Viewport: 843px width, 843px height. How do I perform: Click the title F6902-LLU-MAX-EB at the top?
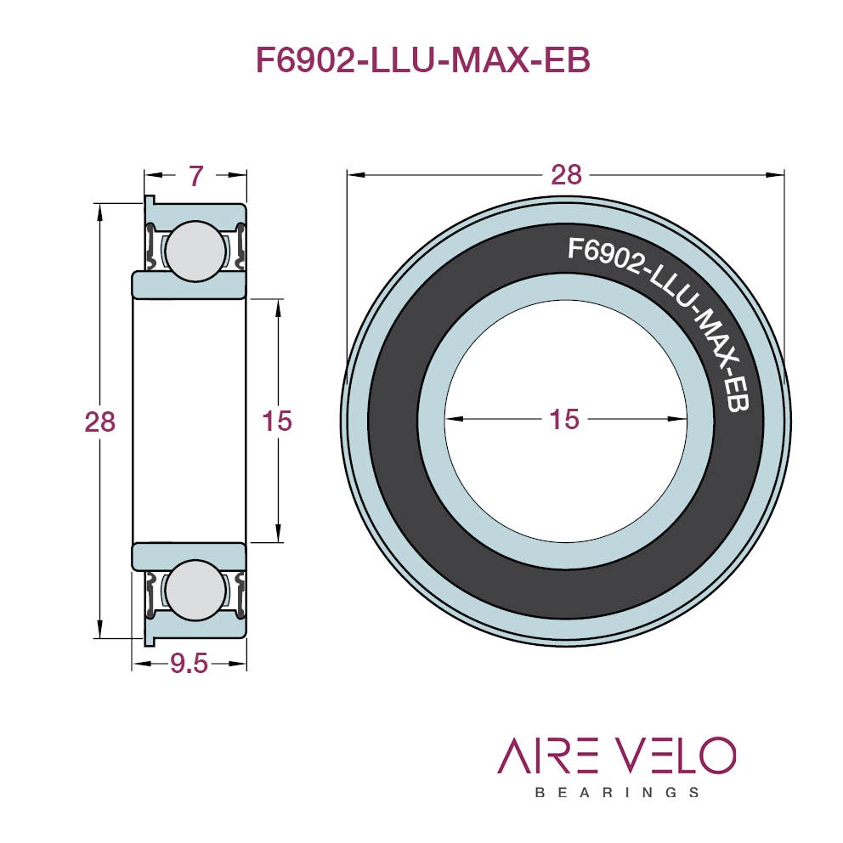423,60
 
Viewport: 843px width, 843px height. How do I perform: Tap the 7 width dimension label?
196,176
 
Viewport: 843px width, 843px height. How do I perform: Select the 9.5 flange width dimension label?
189,664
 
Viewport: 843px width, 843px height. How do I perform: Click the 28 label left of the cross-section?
100,422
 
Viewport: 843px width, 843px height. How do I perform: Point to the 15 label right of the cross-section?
277,421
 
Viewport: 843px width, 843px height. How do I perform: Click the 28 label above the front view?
566,175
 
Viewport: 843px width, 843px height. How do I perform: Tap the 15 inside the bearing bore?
564,419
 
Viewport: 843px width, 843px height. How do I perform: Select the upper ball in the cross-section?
195,251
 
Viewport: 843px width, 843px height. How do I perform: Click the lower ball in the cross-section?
195,590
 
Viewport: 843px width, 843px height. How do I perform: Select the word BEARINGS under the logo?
617,793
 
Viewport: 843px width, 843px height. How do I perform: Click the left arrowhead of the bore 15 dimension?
455,419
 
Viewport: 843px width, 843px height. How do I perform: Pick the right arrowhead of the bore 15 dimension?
677,419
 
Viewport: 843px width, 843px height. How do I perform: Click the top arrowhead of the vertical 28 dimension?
99,213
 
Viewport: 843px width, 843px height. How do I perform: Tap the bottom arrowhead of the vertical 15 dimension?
278,533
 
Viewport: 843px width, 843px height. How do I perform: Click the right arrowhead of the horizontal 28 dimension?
775,175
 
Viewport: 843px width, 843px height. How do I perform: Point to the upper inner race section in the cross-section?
189,284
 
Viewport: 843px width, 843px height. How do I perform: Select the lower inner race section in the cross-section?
189,557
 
